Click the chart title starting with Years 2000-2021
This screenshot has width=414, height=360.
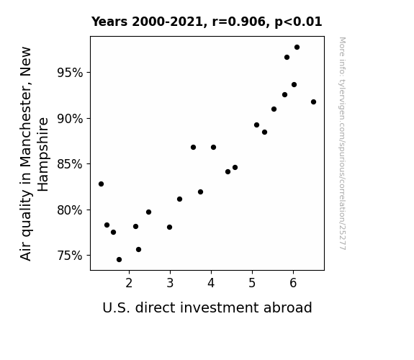207,22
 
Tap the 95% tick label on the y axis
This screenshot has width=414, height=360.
70,73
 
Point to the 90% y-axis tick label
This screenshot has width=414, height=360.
70,119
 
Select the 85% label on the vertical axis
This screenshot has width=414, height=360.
70,164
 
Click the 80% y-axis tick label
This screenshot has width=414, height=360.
70,210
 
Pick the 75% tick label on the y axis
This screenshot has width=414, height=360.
70,256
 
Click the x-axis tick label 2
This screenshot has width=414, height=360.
129,283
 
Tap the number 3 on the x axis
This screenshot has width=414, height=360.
170,283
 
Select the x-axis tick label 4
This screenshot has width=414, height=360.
211,283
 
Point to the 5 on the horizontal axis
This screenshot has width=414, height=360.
252,283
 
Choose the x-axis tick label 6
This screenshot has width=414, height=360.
293,283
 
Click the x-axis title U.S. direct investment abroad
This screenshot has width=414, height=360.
207,307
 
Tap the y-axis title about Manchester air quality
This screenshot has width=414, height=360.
35,154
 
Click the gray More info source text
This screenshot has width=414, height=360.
342,143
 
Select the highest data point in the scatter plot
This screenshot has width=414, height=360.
297,48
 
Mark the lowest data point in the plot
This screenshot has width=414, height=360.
119,260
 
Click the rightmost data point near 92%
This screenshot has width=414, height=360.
313,102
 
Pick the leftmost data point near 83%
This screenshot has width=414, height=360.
101,184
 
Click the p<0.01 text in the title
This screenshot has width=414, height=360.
298,22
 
